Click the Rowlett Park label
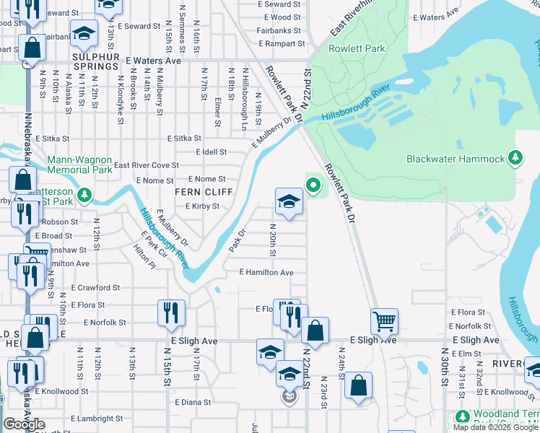(x=357, y=48)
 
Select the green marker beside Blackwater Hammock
(x=515, y=157)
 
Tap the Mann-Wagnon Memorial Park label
(x=79, y=165)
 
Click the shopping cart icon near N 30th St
(x=384, y=320)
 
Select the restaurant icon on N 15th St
(x=171, y=312)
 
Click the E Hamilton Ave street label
(x=266, y=272)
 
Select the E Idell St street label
(x=212, y=152)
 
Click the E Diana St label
(x=192, y=402)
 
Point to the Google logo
(x=24, y=424)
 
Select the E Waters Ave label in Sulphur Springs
(x=152, y=61)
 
